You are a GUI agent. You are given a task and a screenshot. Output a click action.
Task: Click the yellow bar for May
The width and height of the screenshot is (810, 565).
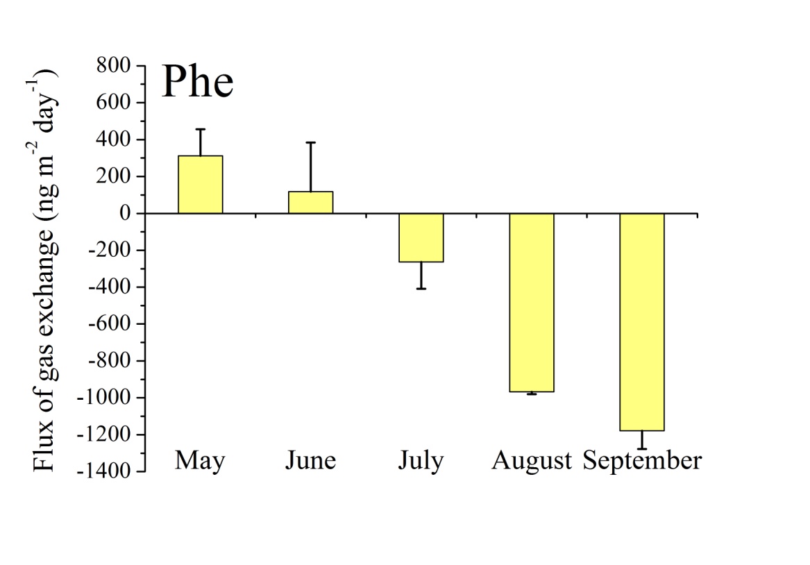point(201,185)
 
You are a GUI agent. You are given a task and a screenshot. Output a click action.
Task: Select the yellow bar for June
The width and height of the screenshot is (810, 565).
point(311,202)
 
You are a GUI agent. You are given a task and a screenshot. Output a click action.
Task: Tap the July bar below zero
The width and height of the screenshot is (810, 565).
point(421,237)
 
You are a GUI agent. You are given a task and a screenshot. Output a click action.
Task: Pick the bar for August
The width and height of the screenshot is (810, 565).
point(532,303)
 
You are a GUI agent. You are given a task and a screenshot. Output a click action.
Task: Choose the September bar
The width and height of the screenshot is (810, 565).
point(642,322)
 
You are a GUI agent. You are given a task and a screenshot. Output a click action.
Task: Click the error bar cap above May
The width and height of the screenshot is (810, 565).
point(201,129)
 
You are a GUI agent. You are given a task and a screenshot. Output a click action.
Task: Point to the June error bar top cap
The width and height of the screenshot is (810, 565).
point(311,142)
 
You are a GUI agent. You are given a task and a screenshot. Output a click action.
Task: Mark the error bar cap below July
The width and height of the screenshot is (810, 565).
point(421,288)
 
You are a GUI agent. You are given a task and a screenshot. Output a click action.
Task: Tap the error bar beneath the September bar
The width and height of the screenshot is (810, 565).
point(642,448)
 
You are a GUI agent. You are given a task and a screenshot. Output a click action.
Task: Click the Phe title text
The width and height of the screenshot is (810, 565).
point(197,83)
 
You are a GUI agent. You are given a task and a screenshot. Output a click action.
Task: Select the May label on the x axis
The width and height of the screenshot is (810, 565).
point(200,460)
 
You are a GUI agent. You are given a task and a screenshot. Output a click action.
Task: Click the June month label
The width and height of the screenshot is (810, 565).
point(310,460)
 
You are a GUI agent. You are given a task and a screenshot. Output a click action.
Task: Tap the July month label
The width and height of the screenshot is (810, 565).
point(421,461)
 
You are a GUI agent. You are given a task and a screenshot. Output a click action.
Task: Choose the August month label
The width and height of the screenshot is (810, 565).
point(532,461)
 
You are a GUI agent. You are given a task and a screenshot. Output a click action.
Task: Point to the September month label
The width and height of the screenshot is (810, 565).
point(642,461)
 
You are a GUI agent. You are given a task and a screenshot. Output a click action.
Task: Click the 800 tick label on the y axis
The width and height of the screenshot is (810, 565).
point(116,66)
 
